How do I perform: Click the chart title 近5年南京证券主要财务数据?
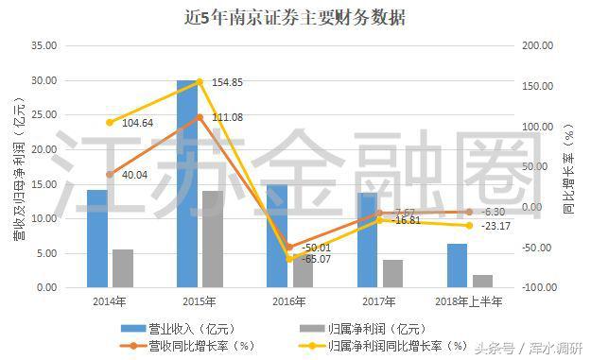(x=296, y=16)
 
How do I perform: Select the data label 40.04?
(x=135, y=176)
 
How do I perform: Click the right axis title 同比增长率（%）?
(x=569, y=165)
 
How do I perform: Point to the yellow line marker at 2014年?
(x=110, y=123)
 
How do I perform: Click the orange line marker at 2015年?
(x=200, y=117)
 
